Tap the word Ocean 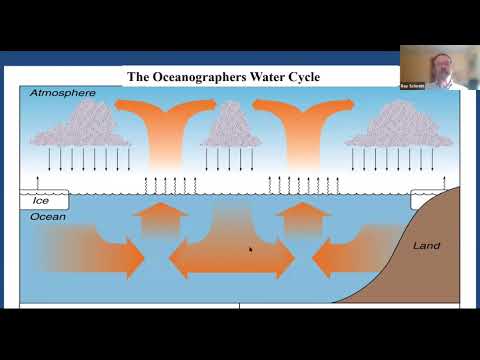(x=48, y=216)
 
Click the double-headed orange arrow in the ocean (x=231, y=259)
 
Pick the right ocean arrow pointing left (x=345, y=255)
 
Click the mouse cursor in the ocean (x=250, y=249)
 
